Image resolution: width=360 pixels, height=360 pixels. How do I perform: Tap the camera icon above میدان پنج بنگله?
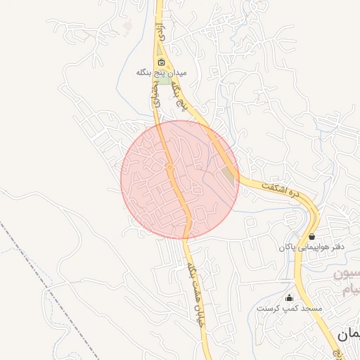click(161, 62)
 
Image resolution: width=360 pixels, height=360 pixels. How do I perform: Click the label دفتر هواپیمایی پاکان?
click(310, 247)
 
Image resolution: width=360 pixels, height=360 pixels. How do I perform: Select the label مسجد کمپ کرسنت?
click(289, 308)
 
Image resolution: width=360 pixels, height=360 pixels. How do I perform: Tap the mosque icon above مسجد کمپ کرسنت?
click(289, 297)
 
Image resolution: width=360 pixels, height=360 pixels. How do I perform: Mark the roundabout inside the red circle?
click(169, 167)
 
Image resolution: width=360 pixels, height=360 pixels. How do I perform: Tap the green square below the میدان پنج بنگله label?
click(164, 82)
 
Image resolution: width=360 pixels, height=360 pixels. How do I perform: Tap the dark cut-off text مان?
click(347, 335)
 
